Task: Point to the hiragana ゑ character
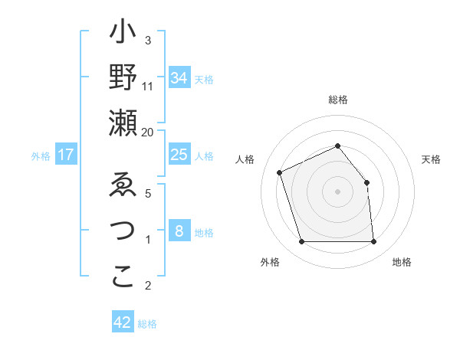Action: pyautogui.click(x=123, y=188)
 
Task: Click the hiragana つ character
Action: pyautogui.click(x=123, y=233)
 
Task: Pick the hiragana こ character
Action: pyautogui.click(x=123, y=277)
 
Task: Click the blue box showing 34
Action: pyautogui.click(x=179, y=78)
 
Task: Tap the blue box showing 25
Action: pyautogui.click(x=179, y=155)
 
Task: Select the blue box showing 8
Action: pyautogui.click(x=179, y=231)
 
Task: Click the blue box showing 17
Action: pyautogui.click(x=65, y=155)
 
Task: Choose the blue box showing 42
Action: pyautogui.click(x=123, y=322)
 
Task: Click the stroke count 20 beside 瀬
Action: pyautogui.click(x=148, y=132)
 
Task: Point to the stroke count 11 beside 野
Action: pyautogui.click(x=148, y=87)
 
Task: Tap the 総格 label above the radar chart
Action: pyautogui.click(x=337, y=100)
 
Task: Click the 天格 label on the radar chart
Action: pyautogui.click(x=431, y=159)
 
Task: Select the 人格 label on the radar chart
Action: pyautogui.click(x=245, y=159)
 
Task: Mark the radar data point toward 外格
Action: pyautogui.click(x=301, y=242)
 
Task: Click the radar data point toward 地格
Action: pyautogui.click(x=373, y=242)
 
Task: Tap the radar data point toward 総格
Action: pyautogui.click(x=337, y=146)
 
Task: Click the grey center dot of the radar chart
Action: pyautogui.click(x=337, y=191)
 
